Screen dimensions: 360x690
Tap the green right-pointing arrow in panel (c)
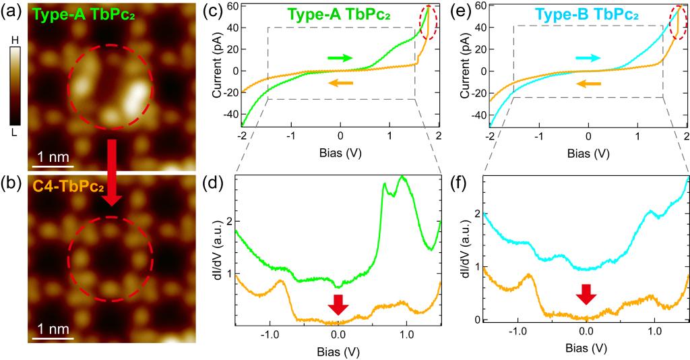coord(340,58)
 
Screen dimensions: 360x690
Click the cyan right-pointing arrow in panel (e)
coord(587,58)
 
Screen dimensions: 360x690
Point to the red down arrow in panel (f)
coord(586,295)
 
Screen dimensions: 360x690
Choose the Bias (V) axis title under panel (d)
coord(338,351)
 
